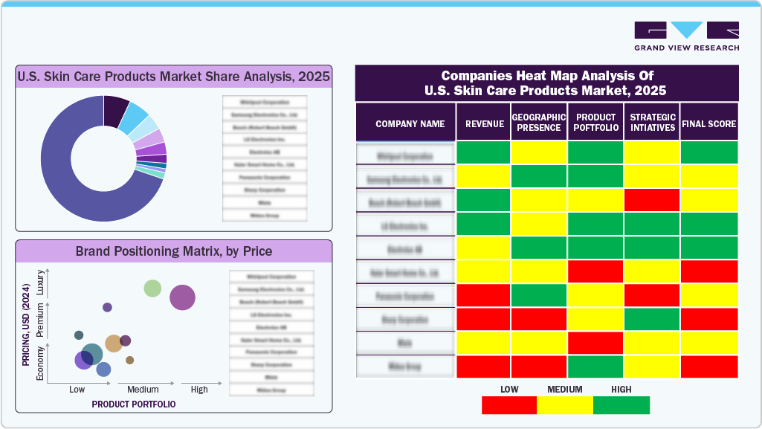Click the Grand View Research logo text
pyautogui.click(x=686, y=48)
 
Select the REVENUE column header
pyautogui.click(x=484, y=123)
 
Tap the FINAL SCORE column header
pyautogui.click(x=708, y=123)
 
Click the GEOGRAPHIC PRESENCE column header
pyautogui.click(x=539, y=123)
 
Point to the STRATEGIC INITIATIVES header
pyautogui.click(x=652, y=123)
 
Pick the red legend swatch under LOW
pyautogui.click(x=509, y=405)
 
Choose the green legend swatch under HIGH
pyautogui.click(x=621, y=405)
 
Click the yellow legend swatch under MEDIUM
pyautogui.click(x=565, y=405)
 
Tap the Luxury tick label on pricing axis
pyautogui.click(x=40, y=287)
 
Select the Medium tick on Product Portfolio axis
pyautogui.click(x=143, y=390)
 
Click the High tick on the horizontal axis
pyautogui.click(x=199, y=390)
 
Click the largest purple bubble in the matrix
pyautogui.click(x=182, y=297)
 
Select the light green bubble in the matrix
pyautogui.click(x=152, y=288)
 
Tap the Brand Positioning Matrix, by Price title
pyautogui.click(x=174, y=251)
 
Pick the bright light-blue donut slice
pyautogui.click(x=135, y=116)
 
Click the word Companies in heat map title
pyautogui.click(x=473, y=76)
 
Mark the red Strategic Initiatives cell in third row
pyautogui.click(x=652, y=200)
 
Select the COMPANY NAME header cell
pyautogui.click(x=410, y=123)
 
